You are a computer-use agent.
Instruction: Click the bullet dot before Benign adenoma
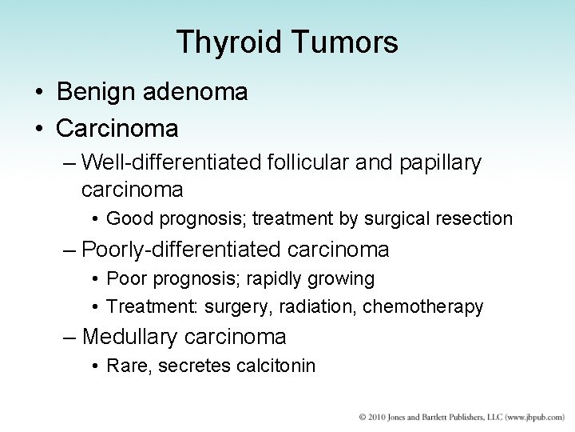(40, 93)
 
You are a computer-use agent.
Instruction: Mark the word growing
(345, 278)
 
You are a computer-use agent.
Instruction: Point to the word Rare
(125, 366)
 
